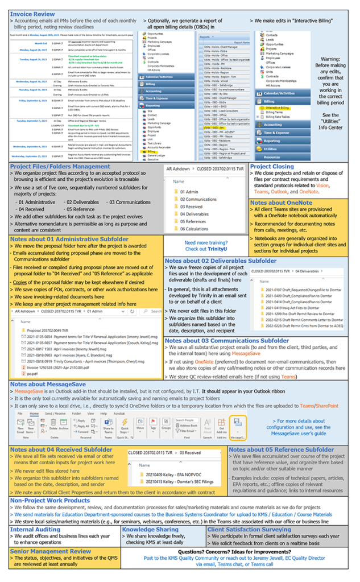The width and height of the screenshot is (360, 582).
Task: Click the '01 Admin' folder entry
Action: tap(190, 192)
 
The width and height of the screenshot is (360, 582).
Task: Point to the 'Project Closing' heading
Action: tap(273, 167)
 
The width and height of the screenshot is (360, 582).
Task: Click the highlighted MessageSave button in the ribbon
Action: tap(237, 424)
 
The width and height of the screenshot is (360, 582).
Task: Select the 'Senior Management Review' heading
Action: tap(50, 551)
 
